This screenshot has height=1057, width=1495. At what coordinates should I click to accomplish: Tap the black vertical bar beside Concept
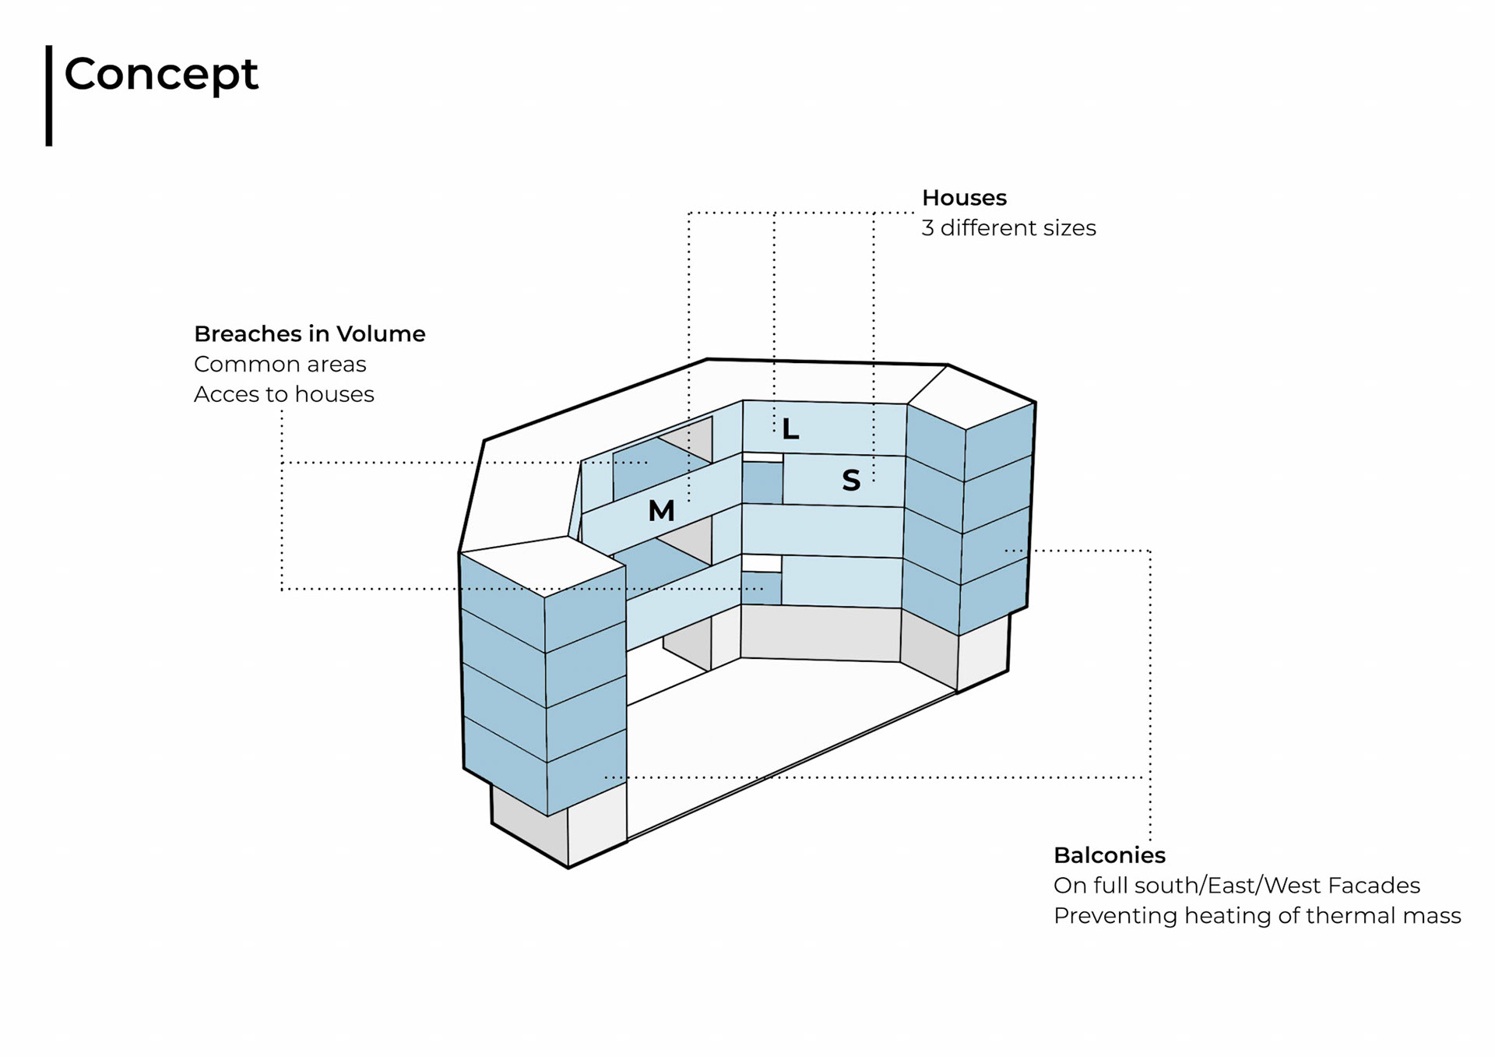[x=49, y=95]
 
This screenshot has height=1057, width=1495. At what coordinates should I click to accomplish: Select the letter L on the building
[x=790, y=429]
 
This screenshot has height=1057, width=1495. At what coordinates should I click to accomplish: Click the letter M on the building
[x=661, y=511]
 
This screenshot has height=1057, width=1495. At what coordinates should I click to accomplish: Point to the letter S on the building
[x=851, y=481]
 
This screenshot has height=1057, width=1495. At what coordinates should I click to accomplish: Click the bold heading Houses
[x=964, y=198]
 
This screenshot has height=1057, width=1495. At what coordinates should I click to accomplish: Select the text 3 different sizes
[x=1008, y=228]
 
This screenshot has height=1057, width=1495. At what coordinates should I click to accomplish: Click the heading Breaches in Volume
[x=309, y=334]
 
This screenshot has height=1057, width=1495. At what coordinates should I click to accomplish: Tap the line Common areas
[x=280, y=365]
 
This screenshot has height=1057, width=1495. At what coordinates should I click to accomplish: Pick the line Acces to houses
[x=283, y=395]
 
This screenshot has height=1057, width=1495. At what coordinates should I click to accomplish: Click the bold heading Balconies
[x=1109, y=855]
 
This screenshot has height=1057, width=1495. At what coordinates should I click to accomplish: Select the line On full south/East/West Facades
[x=1236, y=886]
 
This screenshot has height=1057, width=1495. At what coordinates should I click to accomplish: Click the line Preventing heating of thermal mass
[x=1257, y=916]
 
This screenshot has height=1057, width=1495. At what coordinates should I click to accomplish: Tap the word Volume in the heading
[x=381, y=334]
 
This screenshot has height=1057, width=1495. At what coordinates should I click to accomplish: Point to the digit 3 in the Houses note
[x=927, y=228]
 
